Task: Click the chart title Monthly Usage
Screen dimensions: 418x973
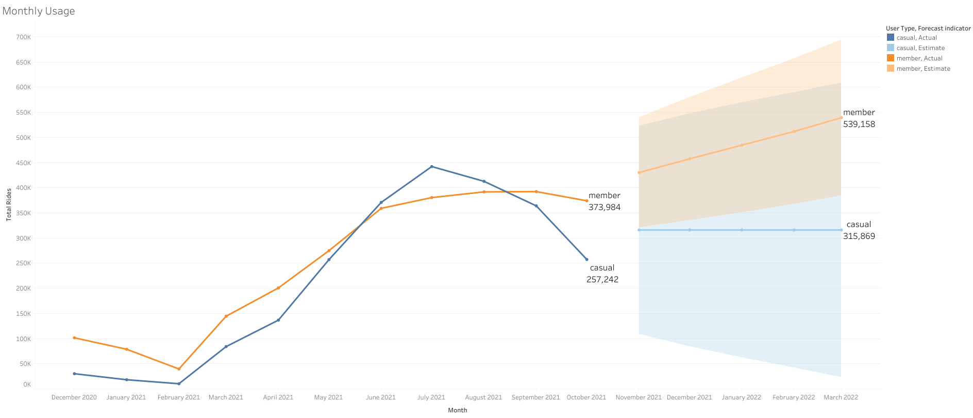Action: [39, 11]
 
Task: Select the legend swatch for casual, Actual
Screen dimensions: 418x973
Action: [891, 38]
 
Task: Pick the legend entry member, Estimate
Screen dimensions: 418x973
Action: [923, 69]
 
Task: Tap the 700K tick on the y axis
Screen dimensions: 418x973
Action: [23, 37]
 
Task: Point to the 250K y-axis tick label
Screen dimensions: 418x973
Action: [23, 263]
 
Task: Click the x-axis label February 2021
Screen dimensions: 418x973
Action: [178, 397]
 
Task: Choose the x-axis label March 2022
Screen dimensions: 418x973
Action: [841, 397]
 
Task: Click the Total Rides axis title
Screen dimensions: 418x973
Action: [9, 205]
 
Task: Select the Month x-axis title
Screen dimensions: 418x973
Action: [457, 410]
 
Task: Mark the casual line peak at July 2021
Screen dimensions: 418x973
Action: [431, 167]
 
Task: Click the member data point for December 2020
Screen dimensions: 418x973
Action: [74, 338]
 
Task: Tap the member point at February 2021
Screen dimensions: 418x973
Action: [179, 369]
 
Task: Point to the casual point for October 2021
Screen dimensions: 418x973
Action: [586, 260]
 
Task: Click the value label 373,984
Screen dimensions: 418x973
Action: [604, 207]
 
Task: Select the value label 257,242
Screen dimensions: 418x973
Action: [602, 280]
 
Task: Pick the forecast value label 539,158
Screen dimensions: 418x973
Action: [859, 124]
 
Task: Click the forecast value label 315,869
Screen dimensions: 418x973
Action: [859, 236]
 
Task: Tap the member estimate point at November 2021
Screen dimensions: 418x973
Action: [639, 172]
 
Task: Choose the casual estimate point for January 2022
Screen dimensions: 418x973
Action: [742, 230]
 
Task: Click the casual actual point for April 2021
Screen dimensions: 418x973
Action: [278, 320]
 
